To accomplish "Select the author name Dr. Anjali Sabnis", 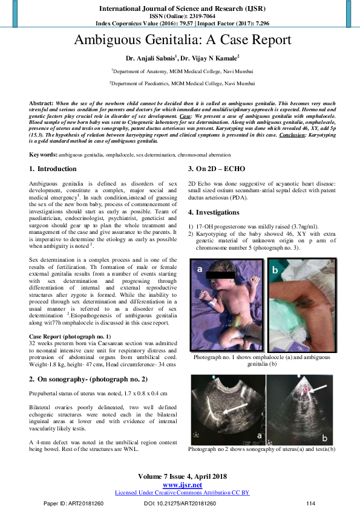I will coord(151,59).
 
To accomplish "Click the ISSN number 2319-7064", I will coord(196,16).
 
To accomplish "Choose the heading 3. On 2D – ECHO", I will coord(217,169).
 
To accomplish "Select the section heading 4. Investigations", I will coord(218,212).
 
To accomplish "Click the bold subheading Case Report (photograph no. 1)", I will coord(70,335).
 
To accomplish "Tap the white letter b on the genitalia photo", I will coord(275,271).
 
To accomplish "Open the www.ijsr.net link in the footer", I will coord(182,485).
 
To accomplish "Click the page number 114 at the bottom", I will coord(311,503).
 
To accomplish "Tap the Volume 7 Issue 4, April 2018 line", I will coord(182,477).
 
